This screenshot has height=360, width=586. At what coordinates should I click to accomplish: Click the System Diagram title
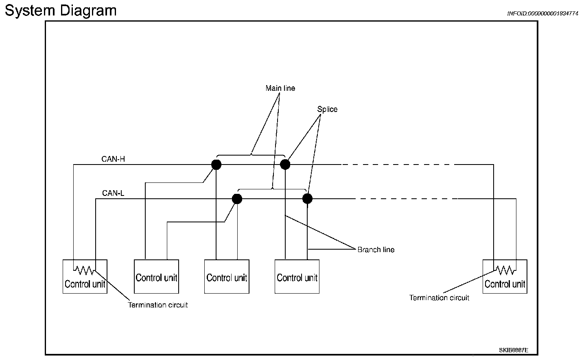click(x=61, y=11)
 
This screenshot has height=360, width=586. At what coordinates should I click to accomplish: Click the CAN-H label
click(x=113, y=159)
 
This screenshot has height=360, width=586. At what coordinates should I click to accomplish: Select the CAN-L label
click(x=113, y=193)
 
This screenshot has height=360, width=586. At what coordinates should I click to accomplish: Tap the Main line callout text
click(x=280, y=88)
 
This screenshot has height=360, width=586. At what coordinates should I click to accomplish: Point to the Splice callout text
click(x=327, y=109)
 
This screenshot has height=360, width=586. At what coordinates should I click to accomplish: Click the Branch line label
click(x=376, y=250)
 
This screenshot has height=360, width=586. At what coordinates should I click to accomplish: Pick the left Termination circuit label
click(x=158, y=305)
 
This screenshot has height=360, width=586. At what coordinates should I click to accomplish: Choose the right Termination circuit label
click(x=439, y=298)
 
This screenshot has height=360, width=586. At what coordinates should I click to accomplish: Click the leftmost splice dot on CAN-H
click(x=216, y=165)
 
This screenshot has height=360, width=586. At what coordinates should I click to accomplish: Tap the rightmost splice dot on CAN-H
click(x=285, y=165)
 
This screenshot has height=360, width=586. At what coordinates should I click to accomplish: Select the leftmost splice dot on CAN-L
click(x=237, y=199)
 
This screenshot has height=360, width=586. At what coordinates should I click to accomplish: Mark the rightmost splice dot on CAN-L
click(x=307, y=199)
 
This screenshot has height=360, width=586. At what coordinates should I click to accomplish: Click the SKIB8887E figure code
click(x=514, y=350)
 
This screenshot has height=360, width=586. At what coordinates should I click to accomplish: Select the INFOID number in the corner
click(x=542, y=13)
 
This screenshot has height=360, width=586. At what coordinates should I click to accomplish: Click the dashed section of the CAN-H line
click(x=398, y=165)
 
